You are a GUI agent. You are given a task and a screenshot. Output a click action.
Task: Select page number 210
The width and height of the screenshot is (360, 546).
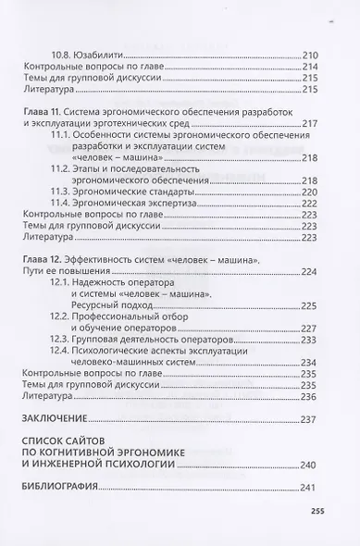pyautogui.click(x=309, y=55)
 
